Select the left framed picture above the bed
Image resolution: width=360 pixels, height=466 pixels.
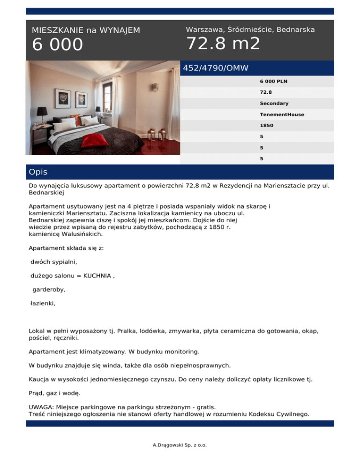pyautogui.click(x=62, y=98)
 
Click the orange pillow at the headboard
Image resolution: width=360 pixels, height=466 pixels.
pyautogui.click(x=75, y=118)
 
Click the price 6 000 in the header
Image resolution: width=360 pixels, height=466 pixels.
pyautogui.click(x=57, y=45)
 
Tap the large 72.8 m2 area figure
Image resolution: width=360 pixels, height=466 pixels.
pyautogui.click(x=223, y=44)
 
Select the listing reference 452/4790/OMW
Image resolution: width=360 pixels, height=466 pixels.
pyautogui.click(x=216, y=68)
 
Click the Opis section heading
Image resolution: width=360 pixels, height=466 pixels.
pyautogui.click(x=38, y=172)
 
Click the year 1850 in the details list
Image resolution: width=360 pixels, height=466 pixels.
pyautogui.click(x=266, y=126)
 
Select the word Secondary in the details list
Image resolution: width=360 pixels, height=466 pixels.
pyautogui.click(x=274, y=103)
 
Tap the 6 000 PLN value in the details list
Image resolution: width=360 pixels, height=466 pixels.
pyautogui.click(x=273, y=81)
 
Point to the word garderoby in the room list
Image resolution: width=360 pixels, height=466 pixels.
pyautogui.click(x=49, y=290)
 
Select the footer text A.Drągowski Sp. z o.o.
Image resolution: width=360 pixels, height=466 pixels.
pyautogui.click(x=180, y=444)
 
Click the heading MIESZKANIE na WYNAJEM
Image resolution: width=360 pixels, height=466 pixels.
pyautogui.click(x=86, y=30)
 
